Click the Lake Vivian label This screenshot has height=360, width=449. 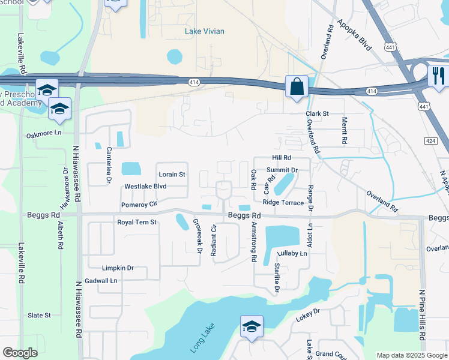205,31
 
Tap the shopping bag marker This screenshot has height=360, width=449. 297,86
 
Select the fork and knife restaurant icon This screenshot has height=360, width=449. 438,76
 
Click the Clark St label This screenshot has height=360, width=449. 317,113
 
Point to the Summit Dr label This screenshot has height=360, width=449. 282,170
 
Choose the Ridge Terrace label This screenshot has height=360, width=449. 283,203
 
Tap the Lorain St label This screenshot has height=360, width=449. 172,175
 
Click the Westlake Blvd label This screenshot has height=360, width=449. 145,187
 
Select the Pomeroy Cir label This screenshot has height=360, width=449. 139,205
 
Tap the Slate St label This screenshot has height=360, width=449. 39,315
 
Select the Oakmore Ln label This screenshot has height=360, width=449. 44,133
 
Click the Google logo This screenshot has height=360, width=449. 20,353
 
